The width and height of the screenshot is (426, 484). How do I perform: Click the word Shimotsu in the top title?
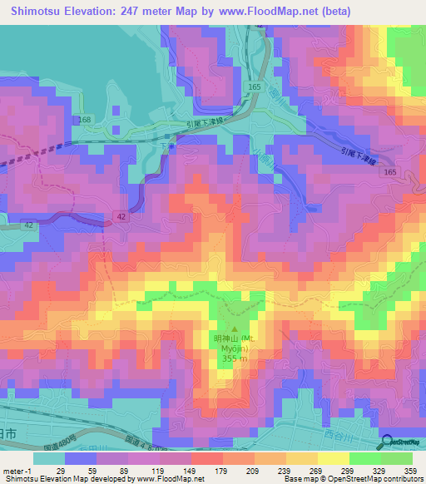tap(39, 11)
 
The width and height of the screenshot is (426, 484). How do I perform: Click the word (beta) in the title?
tap(334, 11)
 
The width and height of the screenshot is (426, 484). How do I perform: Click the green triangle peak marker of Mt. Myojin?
tap(234, 330)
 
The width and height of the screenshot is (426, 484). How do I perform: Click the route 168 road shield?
tap(86, 121)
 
